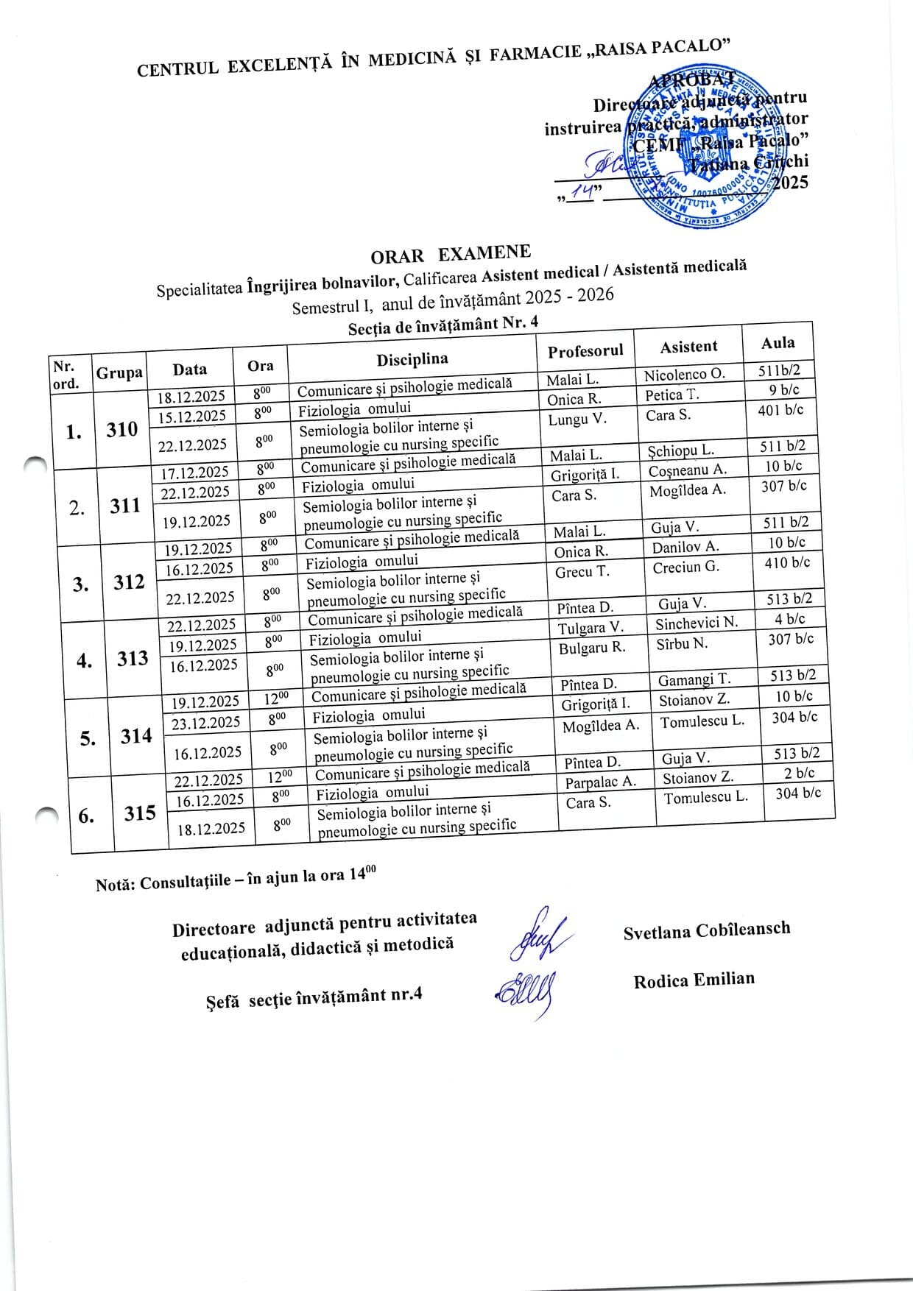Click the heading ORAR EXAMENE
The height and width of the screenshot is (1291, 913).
(450, 254)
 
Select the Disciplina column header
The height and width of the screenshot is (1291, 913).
(412, 359)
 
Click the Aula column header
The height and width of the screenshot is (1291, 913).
(778, 343)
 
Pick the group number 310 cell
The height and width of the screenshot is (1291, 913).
(121, 429)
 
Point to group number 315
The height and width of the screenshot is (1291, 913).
(140, 813)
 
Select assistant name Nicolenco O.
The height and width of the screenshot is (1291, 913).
(685, 375)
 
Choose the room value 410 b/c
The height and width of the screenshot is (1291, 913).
(787, 562)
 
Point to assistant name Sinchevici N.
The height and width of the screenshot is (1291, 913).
(697, 623)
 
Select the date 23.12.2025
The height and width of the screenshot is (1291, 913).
(206, 723)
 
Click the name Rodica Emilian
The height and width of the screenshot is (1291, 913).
(694, 980)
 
